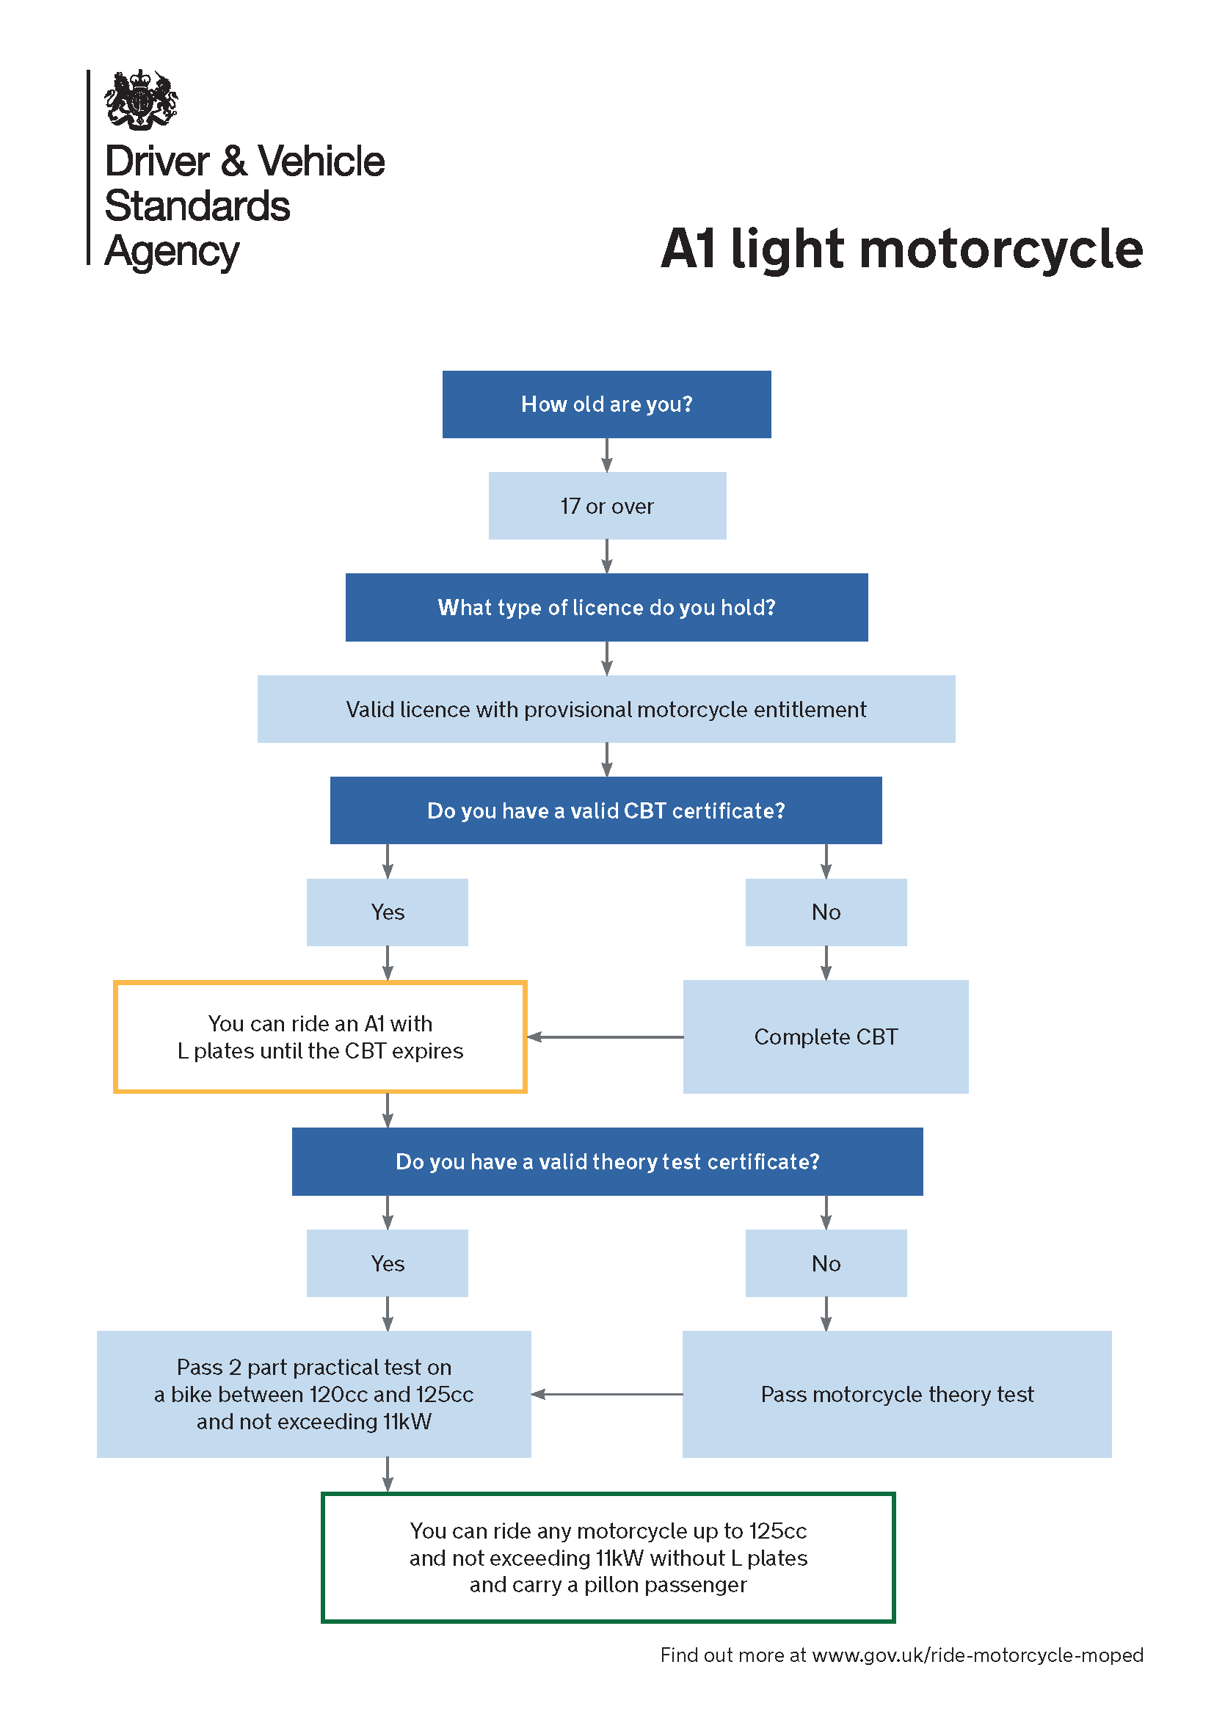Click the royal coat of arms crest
[140, 99]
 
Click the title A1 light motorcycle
[901, 248]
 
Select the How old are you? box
[606, 404]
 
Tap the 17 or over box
[607, 506]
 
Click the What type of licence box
[606, 607]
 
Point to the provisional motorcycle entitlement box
[606, 709]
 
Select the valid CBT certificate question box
[606, 810]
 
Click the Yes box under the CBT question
[388, 912]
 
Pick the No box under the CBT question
[826, 912]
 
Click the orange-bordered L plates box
[320, 1037]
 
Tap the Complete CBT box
[825, 1037]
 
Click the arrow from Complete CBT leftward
[606, 1037]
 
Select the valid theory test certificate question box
[607, 1161]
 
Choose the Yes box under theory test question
[388, 1263]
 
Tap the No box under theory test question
[826, 1263]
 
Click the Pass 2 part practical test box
[314, 1394]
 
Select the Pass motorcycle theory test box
[896, 1394]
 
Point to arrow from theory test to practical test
[607, 1394]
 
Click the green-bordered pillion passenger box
[608, 1558]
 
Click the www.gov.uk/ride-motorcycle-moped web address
[977, 1655]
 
